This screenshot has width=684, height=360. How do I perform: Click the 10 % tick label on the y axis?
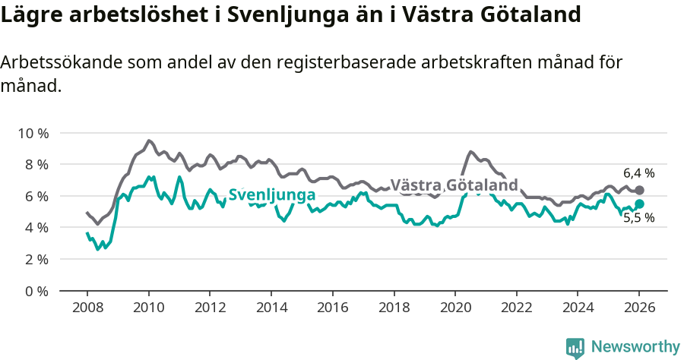33,133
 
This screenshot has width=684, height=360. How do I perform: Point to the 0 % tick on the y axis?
36,291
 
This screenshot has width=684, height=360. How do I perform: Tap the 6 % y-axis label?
36,196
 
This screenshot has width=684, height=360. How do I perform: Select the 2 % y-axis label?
36,259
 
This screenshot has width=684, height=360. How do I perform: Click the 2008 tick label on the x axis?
87,308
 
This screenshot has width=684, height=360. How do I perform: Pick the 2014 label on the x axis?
271,308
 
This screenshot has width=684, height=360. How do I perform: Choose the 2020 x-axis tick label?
454,308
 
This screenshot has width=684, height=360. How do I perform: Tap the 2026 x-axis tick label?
638,308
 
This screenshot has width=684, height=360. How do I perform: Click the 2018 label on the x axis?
393,308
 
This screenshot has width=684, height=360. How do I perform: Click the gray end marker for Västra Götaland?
639,190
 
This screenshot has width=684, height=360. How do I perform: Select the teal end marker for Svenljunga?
639,204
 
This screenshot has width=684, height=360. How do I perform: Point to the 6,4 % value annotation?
638,173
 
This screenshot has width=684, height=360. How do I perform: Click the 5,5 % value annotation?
638,218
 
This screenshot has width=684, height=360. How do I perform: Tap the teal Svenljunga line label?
272,195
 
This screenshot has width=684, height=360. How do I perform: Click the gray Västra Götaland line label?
454,185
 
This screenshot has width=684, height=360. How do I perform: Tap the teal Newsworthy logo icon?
575,347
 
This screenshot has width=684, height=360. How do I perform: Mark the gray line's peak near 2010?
149,141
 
